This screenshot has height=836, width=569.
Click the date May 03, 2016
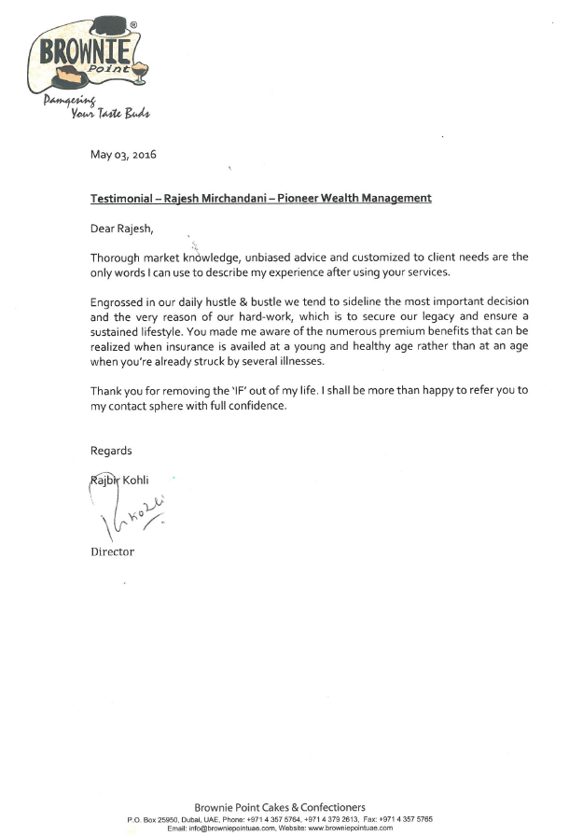pos(123,155)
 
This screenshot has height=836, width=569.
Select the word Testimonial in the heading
pos(125,198)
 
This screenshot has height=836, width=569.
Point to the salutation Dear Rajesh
pos(120,227)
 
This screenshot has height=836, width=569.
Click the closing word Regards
pos(111,451)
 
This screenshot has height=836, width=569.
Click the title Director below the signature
pos(112,551)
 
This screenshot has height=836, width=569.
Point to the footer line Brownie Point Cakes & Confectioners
pos(280,807)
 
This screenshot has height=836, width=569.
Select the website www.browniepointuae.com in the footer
pos(349,828)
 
